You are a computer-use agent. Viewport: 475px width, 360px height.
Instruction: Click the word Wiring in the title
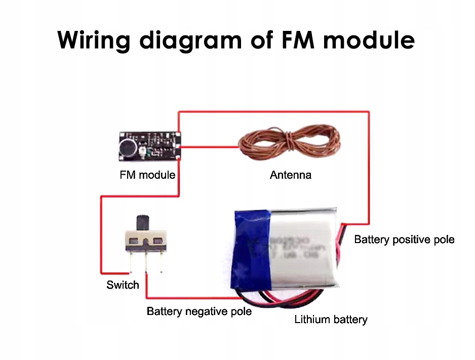click(x=94, y=39)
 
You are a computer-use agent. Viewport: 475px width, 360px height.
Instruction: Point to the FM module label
click(x=147, y=175)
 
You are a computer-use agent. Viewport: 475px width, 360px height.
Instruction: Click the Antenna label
click(x=291, y=175)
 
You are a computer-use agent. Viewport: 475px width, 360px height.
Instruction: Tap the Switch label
click(x=123, y=285)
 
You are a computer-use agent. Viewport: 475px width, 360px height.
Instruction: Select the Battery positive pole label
click(x=404, y=239)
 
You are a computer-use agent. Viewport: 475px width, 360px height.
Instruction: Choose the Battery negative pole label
click(x=199, y=311)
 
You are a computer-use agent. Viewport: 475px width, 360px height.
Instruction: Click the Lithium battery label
click(x=331, y=319)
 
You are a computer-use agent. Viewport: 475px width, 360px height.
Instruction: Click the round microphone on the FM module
click(x=127, y=148)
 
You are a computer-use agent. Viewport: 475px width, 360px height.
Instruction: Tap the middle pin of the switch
click(x=146, y=261)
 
